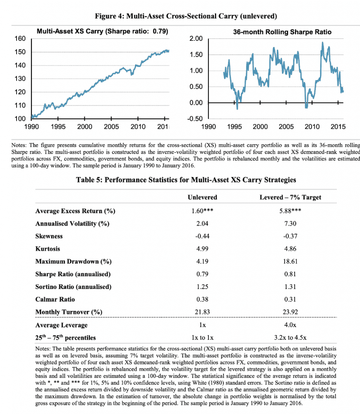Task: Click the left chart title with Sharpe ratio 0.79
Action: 102,31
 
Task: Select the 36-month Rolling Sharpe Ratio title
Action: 276,32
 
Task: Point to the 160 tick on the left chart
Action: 21,38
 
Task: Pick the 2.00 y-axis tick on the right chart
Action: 196,39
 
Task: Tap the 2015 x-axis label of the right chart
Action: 338,127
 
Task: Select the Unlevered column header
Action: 202,197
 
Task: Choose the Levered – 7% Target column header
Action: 290,197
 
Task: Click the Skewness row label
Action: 49,236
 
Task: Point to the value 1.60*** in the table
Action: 202,211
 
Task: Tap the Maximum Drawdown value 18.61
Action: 290,261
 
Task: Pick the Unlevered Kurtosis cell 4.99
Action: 202,249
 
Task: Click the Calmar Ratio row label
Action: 55,299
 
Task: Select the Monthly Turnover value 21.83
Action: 202,312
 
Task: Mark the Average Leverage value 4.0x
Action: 290,325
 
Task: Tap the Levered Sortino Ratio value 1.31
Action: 290,287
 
